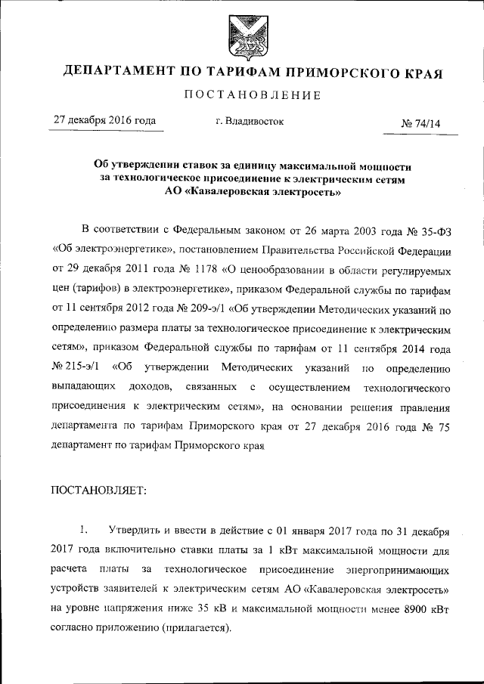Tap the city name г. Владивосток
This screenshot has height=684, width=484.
(x=250, y=121)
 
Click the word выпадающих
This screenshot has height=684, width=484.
(x=83, y=388)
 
